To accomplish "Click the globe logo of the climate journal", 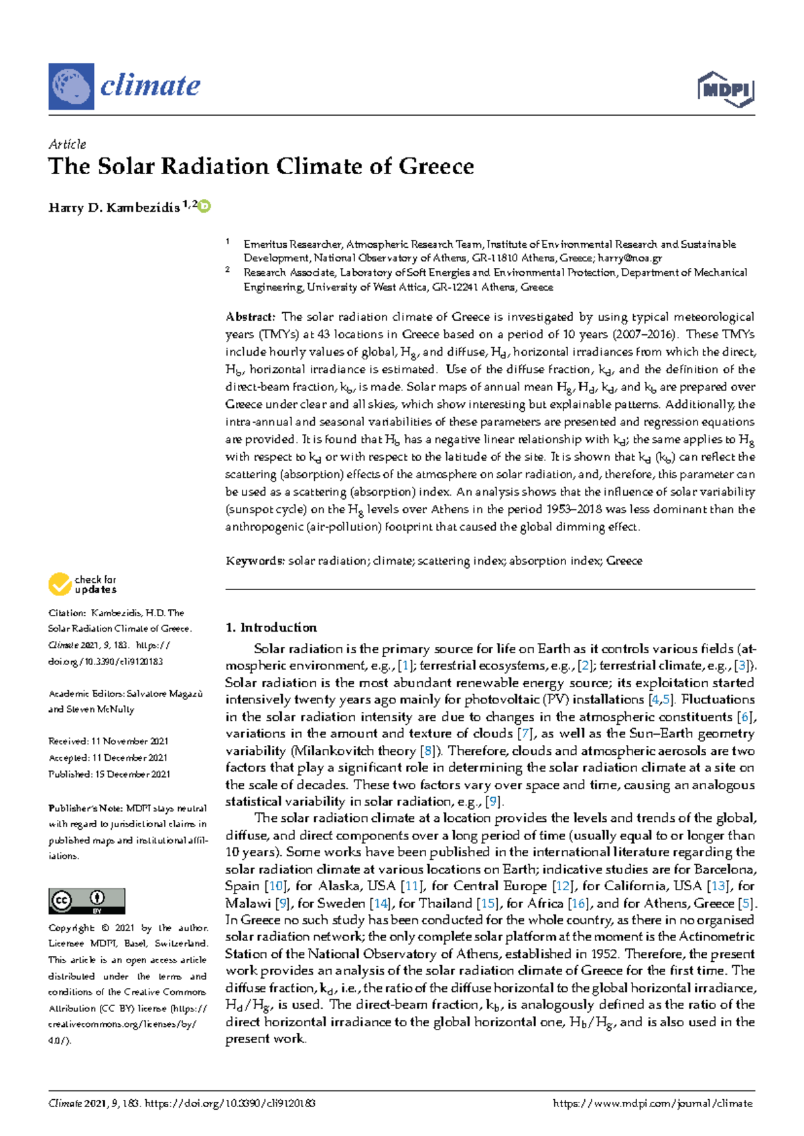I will pos(71,86).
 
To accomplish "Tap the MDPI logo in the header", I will pos(726,90).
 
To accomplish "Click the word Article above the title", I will pos(67,144).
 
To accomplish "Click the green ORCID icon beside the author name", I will pos(204,206).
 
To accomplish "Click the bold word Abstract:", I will pos(250,317).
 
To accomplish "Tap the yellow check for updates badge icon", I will pos(60,584).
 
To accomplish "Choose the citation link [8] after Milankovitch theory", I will pos(426,751).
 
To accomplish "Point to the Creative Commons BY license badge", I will pos(86,901).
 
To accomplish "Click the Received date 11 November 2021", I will pos(129,741).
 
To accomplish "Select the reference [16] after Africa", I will pos(578,904).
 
